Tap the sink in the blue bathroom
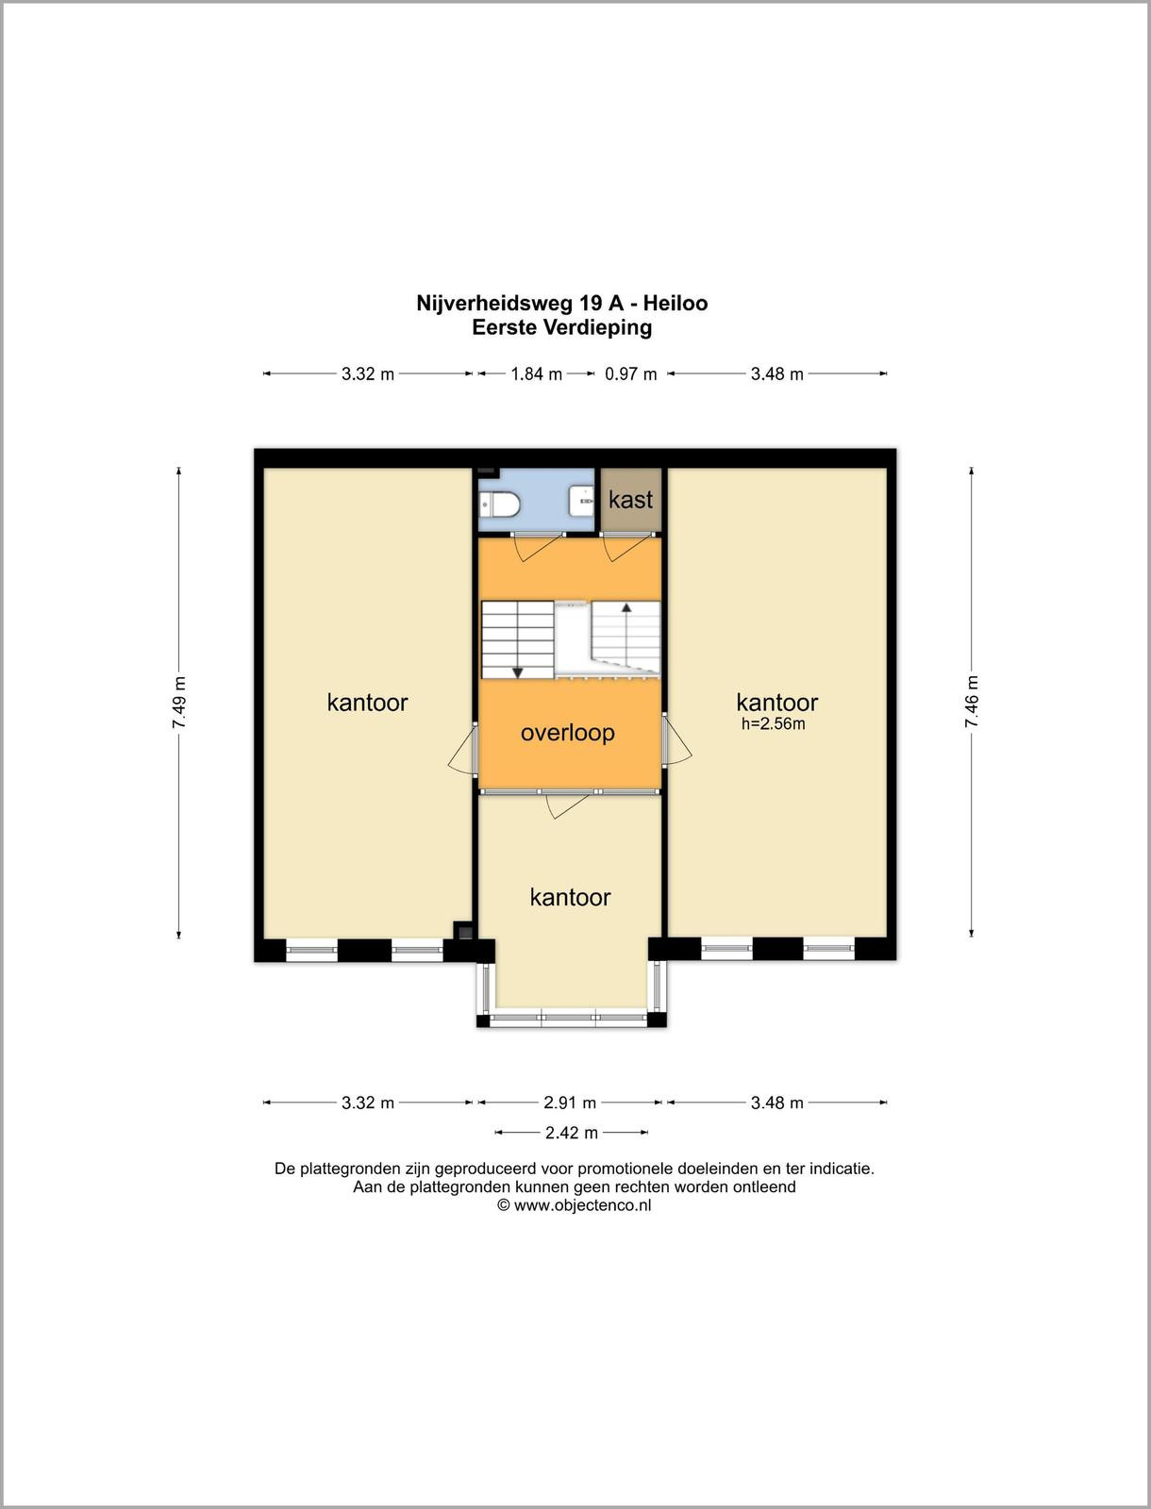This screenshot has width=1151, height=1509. coord(581,501)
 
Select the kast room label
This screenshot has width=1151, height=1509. coord(630,499)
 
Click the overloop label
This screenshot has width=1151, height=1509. coord(567,733)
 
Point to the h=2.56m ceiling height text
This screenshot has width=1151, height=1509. coord(773,723)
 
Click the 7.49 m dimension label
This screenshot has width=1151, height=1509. coord(178,703)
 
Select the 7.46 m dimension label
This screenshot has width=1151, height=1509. coord(971,702)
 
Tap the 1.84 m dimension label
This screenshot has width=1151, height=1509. coord(536,374)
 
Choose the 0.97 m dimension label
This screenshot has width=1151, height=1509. coord(630,374)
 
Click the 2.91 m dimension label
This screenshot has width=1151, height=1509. coord(569,1103)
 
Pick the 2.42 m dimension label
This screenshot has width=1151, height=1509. coord(572,1133)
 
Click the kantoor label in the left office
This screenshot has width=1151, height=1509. coord(367,703)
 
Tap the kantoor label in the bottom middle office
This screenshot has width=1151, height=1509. coord(570,897)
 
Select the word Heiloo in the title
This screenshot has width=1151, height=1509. coord(676,303)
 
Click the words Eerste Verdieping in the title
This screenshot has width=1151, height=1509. coord(561,328)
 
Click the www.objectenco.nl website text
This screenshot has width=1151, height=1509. coord(582,1205)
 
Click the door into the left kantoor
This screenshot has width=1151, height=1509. coord(463,750)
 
